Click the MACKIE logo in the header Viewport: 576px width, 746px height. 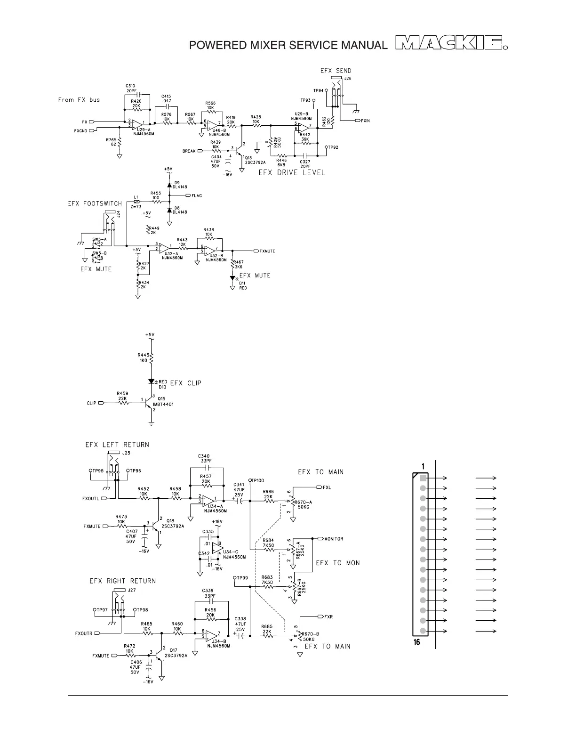(x=451, y=44)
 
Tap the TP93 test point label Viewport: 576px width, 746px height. (x=305, y=100)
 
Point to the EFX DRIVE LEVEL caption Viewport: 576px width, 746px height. (x=292, y=172)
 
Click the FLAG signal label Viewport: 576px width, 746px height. (x=197, y=195)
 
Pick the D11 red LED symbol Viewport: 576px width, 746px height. (x=232, y=278)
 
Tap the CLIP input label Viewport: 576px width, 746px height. (x=92, y=403)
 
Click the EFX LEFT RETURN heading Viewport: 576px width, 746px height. (x=117, y=445)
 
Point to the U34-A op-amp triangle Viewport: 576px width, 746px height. (x=208, y=501)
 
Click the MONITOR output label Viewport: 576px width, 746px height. (x=334, y=539)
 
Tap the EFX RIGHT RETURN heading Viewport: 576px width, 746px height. (x=122, y=581)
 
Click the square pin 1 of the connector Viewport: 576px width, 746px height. (x=423, y=478)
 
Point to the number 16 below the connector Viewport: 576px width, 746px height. (x=417, y=642)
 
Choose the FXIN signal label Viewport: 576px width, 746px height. (x=365, y=121)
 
